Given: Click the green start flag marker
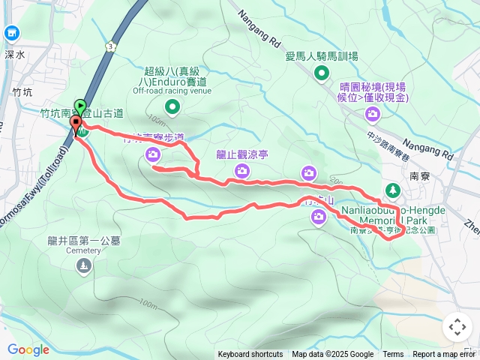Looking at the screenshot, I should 80,106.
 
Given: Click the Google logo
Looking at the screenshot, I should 28,349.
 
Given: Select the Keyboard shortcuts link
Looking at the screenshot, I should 250,355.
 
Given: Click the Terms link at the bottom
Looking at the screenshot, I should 393,355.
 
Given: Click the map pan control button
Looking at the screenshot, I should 457,327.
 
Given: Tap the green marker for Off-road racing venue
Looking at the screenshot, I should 172,108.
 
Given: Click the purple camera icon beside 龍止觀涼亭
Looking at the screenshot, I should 241,171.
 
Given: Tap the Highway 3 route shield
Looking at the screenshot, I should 111,46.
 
